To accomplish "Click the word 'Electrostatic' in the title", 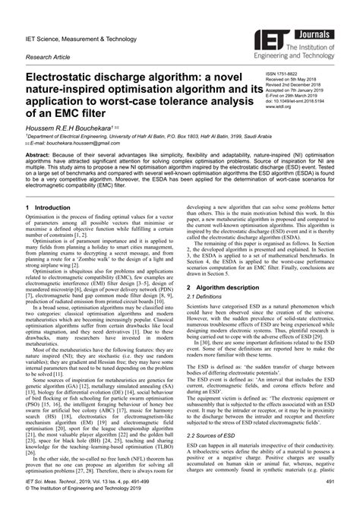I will point(67,77).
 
